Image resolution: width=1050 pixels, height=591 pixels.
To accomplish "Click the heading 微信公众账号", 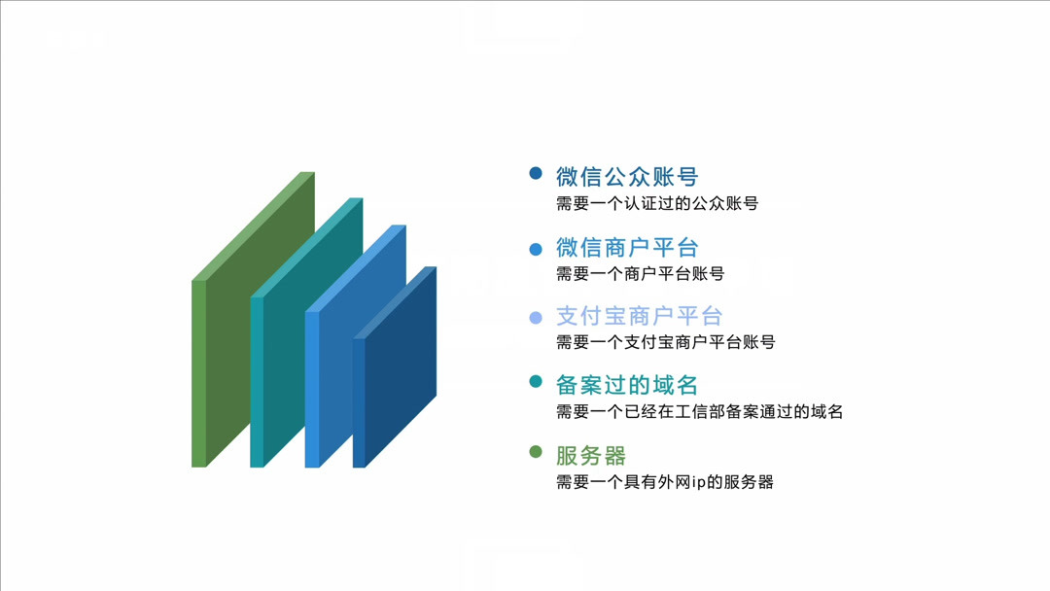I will (x=627, y=177).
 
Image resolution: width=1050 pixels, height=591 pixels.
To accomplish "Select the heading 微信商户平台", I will (x=627, y=247).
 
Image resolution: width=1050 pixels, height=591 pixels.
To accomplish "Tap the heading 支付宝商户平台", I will (x=639, y=316).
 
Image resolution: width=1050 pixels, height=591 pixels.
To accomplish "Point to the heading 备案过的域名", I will (x=627, y=385).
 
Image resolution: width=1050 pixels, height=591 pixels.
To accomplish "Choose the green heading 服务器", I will (x=591, y=455).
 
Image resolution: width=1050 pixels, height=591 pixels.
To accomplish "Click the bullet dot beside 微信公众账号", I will (x=536, y=174).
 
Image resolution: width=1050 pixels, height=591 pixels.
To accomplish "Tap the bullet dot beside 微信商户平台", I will (x=536, y=249).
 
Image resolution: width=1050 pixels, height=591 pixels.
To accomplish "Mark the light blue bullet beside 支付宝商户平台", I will (x=536, y=318).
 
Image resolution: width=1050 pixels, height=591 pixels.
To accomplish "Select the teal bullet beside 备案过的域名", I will (x=536, y=382).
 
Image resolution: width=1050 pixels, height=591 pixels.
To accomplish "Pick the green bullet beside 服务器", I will (x=536, y=452).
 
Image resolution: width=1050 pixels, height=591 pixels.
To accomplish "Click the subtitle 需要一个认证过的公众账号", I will (x=656, y=204).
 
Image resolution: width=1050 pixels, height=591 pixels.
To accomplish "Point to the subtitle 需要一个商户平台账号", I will (x=640, y=273).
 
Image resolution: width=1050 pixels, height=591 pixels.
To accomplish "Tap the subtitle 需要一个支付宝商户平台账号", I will (x=665, y=342).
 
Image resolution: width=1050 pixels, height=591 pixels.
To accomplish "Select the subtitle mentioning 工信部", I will (x=699, y=412).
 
